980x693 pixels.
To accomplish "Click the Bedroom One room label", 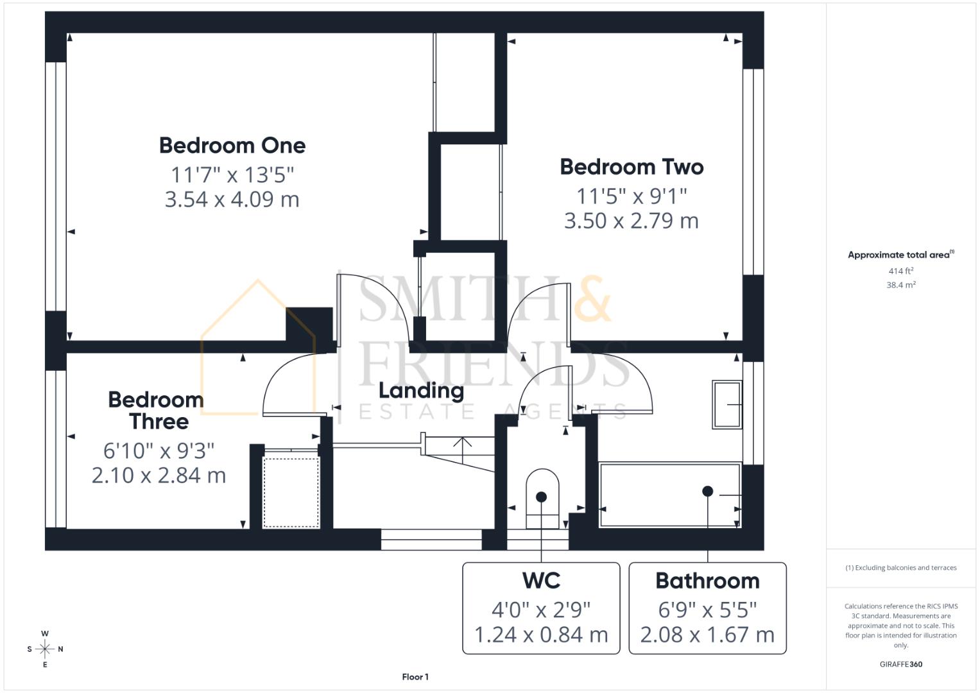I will pos(232,145).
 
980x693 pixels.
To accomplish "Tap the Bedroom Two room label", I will pos(632,167).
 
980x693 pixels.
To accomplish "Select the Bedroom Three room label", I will pos(157,411).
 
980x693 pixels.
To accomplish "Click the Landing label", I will pos(421,390).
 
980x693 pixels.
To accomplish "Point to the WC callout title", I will pos(541,580).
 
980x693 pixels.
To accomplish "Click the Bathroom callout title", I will pos(707,580).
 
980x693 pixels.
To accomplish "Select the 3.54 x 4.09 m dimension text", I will pos(232,200).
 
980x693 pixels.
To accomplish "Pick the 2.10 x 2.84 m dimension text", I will pos(159,475).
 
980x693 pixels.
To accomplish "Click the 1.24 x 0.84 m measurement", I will pos(541,635).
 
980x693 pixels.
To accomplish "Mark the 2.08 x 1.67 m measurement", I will pos(707,635).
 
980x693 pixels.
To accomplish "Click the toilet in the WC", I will pos(542,498).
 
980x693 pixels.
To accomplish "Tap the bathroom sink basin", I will pos(726,404).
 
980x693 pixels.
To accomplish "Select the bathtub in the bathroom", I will pos(669,494).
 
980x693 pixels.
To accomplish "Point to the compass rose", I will pos(45,649).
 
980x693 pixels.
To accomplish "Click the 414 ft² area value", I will pos(900,271).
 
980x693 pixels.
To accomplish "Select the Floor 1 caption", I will pos(415,677).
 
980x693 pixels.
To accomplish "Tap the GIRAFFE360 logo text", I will pos(900,664).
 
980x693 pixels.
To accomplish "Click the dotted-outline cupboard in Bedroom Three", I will pos(291,492).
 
